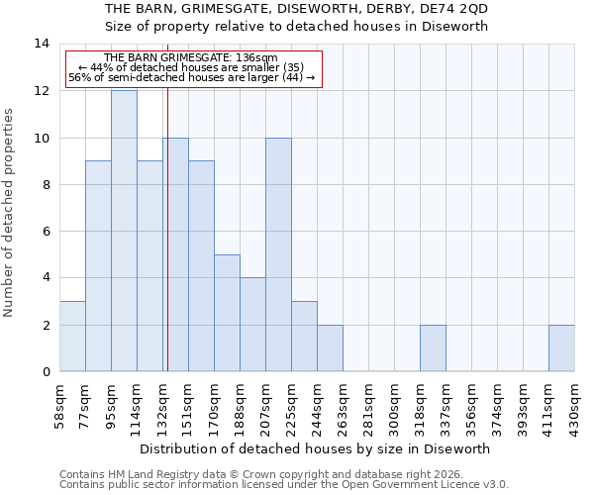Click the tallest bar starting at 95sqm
124,231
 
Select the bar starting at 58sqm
72,337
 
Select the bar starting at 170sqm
227,313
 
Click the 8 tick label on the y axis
45,184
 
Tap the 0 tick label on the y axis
45,372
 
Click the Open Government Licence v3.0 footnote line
284,485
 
